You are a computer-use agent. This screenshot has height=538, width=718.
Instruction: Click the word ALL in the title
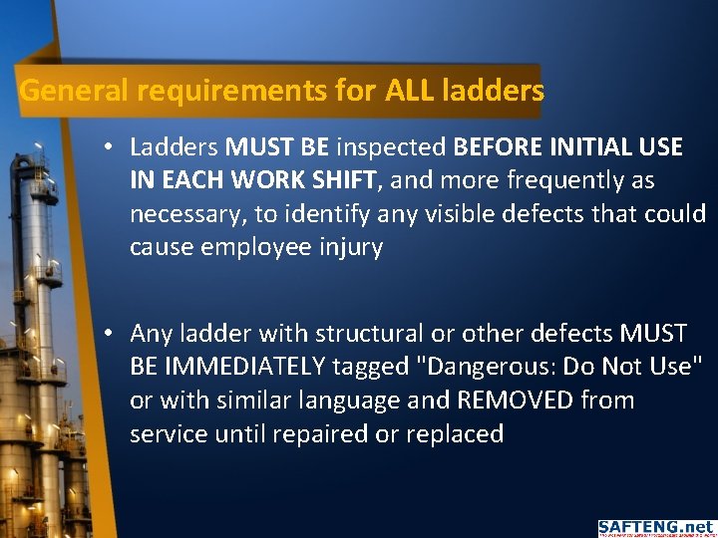click(x=403, y=92)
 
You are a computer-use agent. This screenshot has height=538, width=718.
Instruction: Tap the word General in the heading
click(x=75, y=92)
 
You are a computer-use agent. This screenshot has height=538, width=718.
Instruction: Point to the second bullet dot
click(x=107, y=334)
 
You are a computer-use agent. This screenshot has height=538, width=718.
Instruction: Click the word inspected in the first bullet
click(x=391, y=148)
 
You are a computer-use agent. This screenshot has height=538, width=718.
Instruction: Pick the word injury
click(x=350, y=247)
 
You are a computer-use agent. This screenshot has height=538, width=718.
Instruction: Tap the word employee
click(x=257, y=247)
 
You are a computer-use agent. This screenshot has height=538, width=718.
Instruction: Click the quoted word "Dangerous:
click(x=483, y=367)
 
